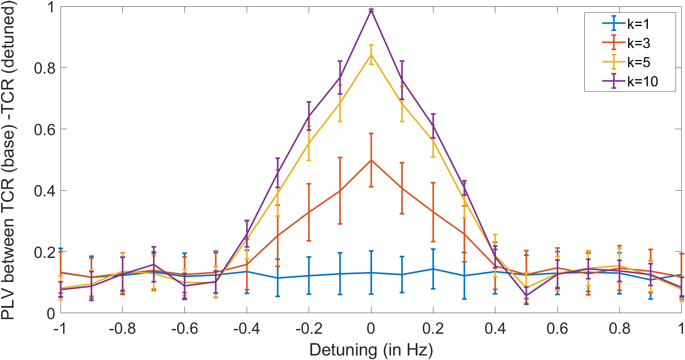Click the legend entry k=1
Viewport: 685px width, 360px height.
pos(626,24)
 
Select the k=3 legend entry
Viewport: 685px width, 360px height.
pos(626,43)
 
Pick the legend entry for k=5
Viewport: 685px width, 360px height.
pos(626,62)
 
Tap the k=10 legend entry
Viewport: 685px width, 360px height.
pos(630,81)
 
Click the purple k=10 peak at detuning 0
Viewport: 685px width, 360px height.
pos(371,11)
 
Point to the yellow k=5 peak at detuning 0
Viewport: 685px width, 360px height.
pos(371,54)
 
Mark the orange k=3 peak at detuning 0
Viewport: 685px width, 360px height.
pos(371,160)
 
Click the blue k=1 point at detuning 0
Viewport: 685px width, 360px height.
pos(371,273)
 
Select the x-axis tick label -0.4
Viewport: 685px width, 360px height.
pos(246,328)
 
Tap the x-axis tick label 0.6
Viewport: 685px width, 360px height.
pos(557,328)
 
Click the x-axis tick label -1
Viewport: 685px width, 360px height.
pos(60,328)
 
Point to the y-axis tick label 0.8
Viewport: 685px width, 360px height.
pos(44,68)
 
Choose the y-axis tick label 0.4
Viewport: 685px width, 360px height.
pos(44,191)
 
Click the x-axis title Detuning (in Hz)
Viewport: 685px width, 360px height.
pos(371,350)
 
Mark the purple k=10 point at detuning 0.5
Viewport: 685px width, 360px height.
pos(526,295)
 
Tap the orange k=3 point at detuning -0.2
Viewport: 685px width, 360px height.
pos(309,212)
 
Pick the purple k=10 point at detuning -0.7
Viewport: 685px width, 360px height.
pos(154,265)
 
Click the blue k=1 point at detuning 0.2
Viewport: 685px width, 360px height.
pos(433,269)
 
